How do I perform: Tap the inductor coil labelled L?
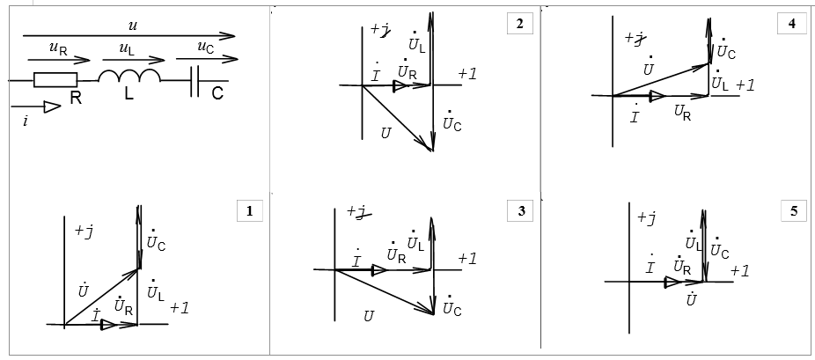128,78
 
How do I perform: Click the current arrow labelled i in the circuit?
50,107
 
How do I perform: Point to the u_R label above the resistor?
59,50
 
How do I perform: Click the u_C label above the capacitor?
204,48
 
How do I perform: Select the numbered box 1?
250,210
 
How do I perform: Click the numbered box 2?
520,24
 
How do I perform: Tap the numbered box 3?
520,210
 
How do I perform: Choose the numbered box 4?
791,24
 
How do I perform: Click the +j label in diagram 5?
647,218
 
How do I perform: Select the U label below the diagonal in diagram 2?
385,134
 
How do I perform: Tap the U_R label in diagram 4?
682,112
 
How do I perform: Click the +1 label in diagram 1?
180,308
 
